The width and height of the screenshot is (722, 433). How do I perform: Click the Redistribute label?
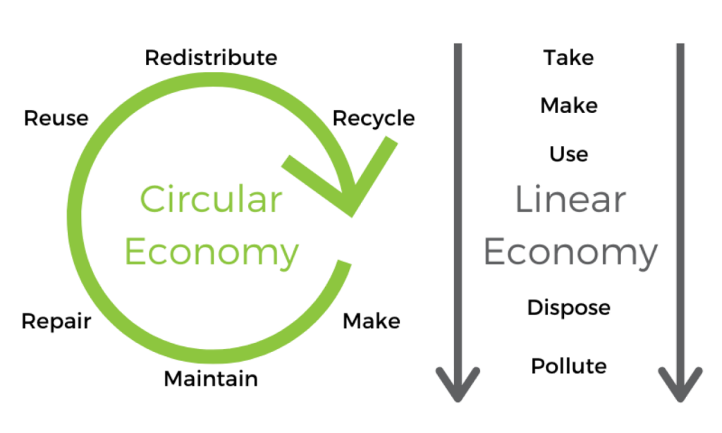click(x=211, y=57)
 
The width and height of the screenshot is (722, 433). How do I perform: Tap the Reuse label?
click(x=56, y=118)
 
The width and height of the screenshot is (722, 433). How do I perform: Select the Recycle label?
click(x=373, y=118)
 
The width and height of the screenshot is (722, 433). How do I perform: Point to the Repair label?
click(x=56, y=322)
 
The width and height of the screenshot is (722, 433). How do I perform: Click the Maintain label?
click(x=211, y=379)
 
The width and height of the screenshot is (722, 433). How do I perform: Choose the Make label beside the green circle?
click(x=371, y=322)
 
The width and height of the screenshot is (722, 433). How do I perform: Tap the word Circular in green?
click(x=211, y=200)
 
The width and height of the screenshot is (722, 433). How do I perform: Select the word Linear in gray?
click(x=570, y=200)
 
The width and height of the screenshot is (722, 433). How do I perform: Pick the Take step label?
click(x=568, y=57)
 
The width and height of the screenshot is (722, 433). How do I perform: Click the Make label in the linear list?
click(x=568, y=106)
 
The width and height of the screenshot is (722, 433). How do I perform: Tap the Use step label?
click(x=568, y=154)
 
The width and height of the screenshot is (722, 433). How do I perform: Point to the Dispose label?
click(x=568, y=307)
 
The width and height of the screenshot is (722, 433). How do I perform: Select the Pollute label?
click(x=568, y=366)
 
